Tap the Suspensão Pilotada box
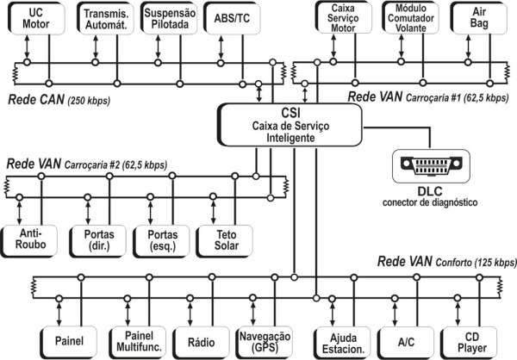click(169, 18)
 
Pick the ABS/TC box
click(231, 18)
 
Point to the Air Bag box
click(480, 18)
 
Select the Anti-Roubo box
click(29, 239)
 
